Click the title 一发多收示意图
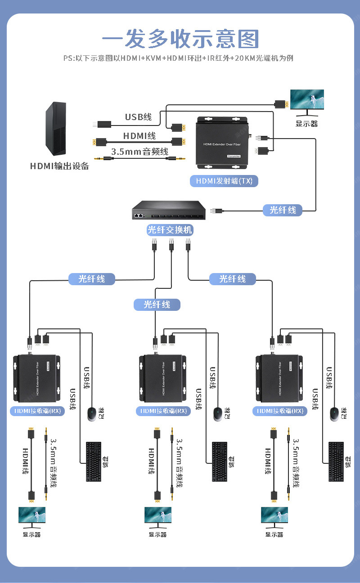[x=180, y=40]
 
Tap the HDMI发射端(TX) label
[x=224, y=181]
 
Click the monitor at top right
[x=307, y=100]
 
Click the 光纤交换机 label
[x=170, y=230]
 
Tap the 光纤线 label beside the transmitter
[x=283, y=210]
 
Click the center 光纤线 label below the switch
[x=157, y=305]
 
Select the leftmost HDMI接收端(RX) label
[x=38, y=411]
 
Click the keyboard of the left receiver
[x=94, y=462]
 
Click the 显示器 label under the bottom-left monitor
[x=31, y=534]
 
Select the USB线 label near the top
[x=138, y=117]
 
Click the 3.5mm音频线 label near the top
[x=139, y=152]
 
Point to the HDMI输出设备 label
[x=59, y=166]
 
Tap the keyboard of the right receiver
[x=336, y=462]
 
